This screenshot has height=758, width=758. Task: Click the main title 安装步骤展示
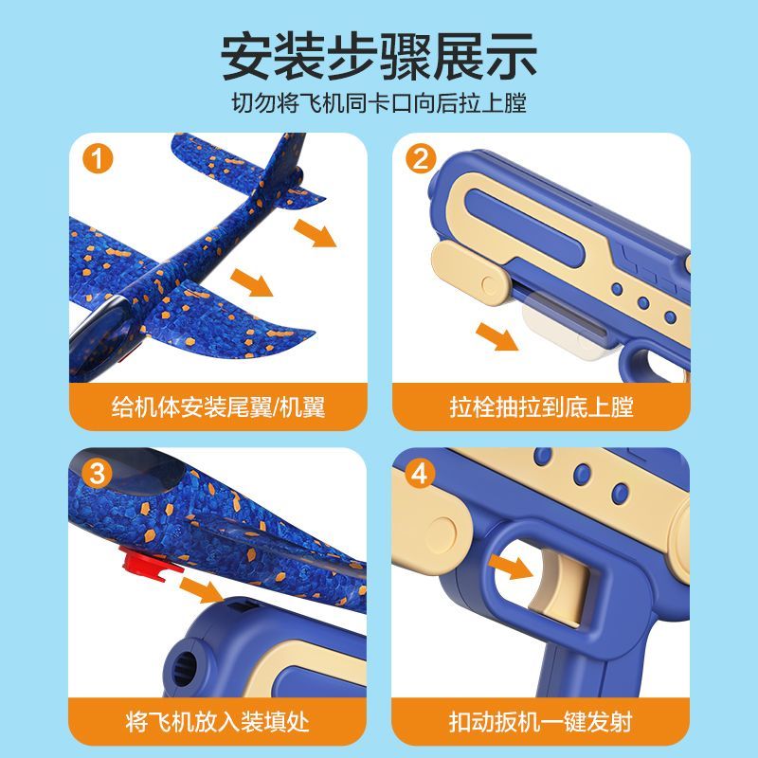[x=379, y=57]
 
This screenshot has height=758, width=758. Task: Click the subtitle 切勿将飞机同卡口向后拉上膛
[x=379, y=103]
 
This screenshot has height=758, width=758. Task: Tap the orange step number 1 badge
[x=98, y=158]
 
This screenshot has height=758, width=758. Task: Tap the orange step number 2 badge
[x=421, y=158]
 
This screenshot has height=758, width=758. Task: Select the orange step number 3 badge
[x=98, y=473]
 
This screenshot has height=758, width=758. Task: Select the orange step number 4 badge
[x=420, y=473]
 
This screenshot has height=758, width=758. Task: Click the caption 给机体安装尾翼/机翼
[x=218, y=406]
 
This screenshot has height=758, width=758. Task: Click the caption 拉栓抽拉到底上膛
[x=541, y=406]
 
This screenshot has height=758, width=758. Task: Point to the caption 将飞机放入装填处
[x=218, y=722]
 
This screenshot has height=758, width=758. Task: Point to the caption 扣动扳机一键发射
[x=540, y=722]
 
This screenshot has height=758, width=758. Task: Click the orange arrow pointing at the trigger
[x=511, y=567]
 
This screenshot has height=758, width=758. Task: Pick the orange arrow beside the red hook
[x=202, y=589]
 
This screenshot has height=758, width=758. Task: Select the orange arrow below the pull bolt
[x=496, y=336]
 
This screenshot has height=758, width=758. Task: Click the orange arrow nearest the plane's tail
[x=316, y=232]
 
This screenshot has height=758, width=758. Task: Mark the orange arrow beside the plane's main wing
[x=251, y=282]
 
